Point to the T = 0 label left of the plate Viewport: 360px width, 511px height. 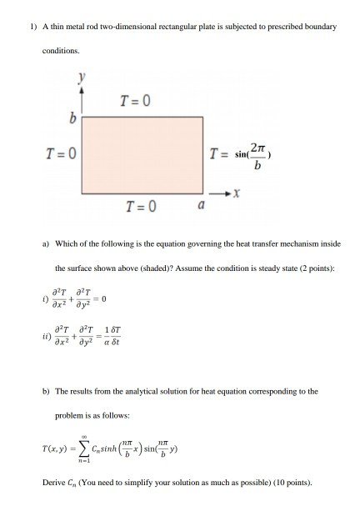click(x=62, y=154)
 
